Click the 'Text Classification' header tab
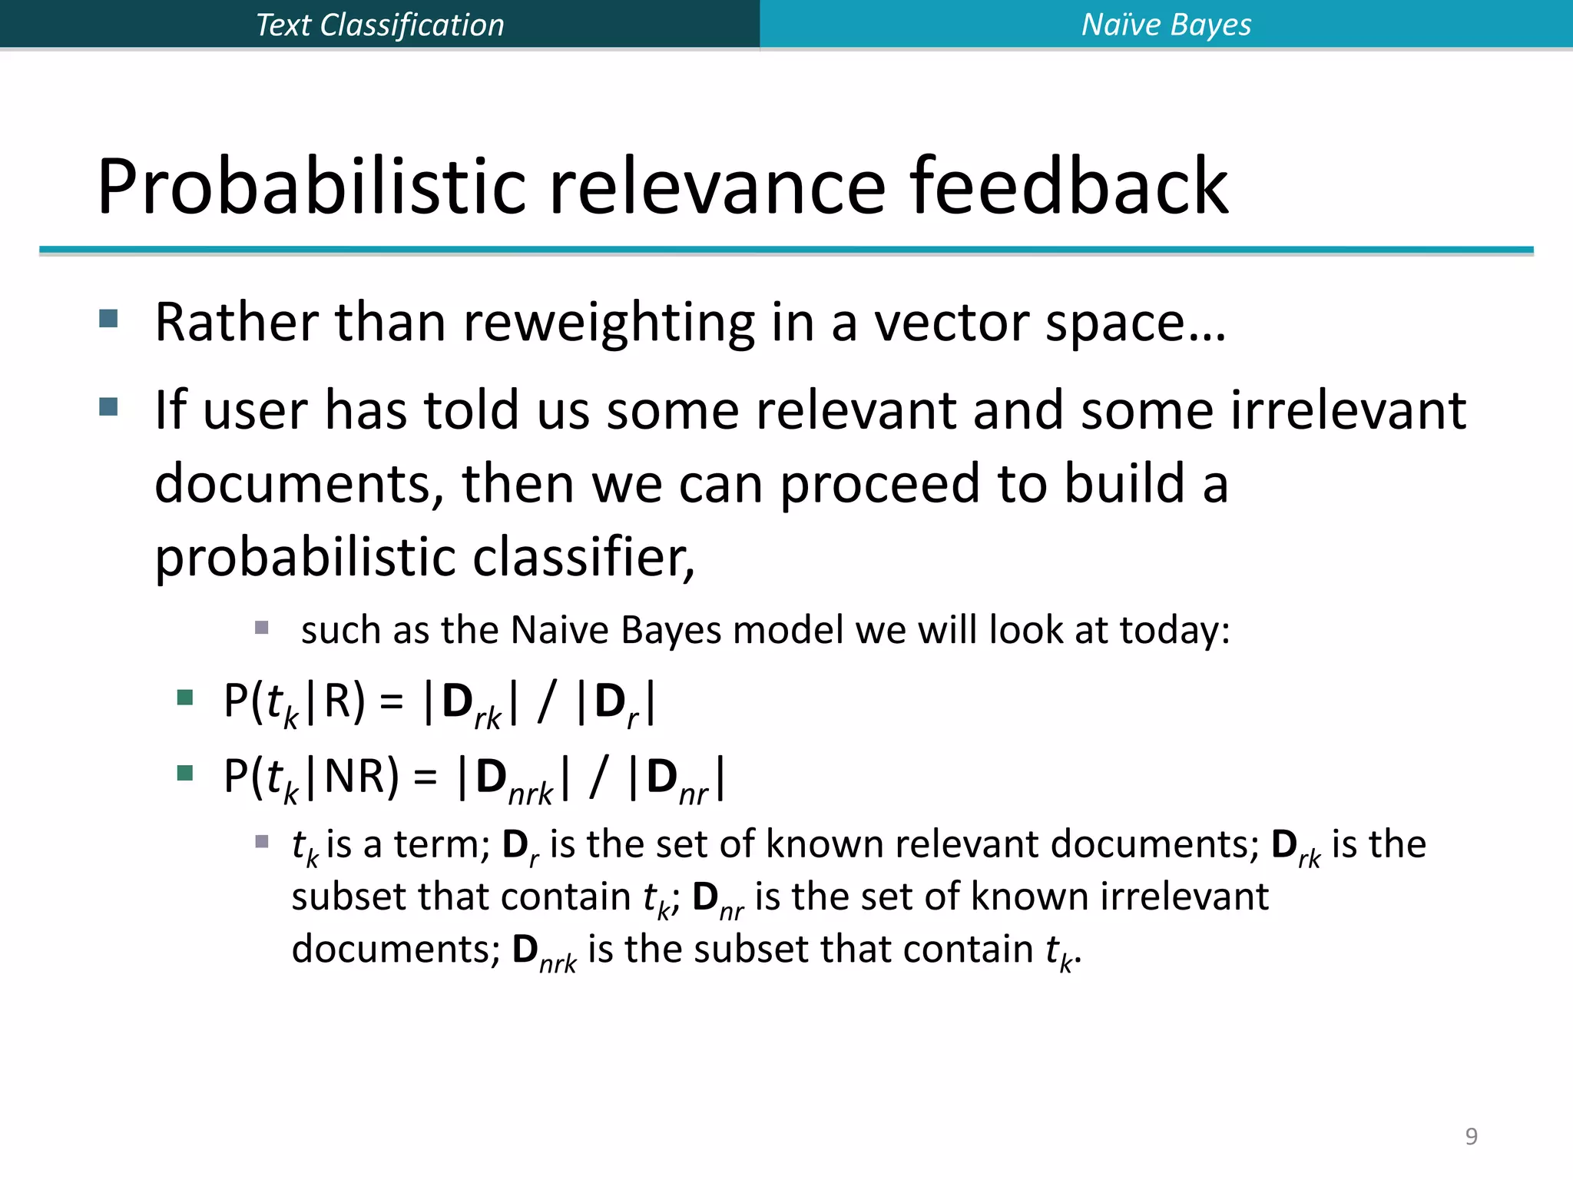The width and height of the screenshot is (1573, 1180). point(379,25)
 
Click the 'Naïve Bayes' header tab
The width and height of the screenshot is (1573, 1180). point(1166,25)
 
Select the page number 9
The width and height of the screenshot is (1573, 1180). point(1471,1135)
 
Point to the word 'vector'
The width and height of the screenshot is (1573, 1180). point(952,323)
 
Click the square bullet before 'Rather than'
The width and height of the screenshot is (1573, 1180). point(108,318)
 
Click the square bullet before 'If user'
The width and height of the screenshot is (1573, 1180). point(108,406)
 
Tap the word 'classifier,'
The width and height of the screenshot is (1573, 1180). point(583,556)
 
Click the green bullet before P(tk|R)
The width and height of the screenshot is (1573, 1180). point(184,698)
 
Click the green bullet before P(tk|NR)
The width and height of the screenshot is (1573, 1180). point(184,773)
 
